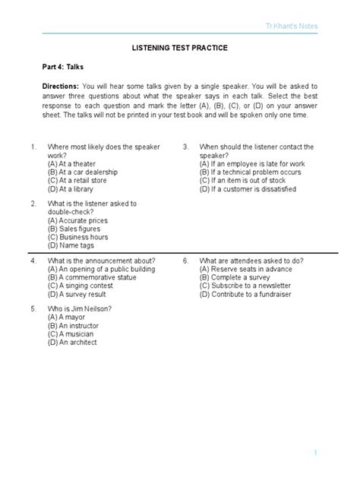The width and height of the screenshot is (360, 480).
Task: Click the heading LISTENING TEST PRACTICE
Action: point(180,48)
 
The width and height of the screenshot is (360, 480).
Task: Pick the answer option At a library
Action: point(74,190)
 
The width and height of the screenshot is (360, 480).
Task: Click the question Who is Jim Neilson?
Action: point(80,308)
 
